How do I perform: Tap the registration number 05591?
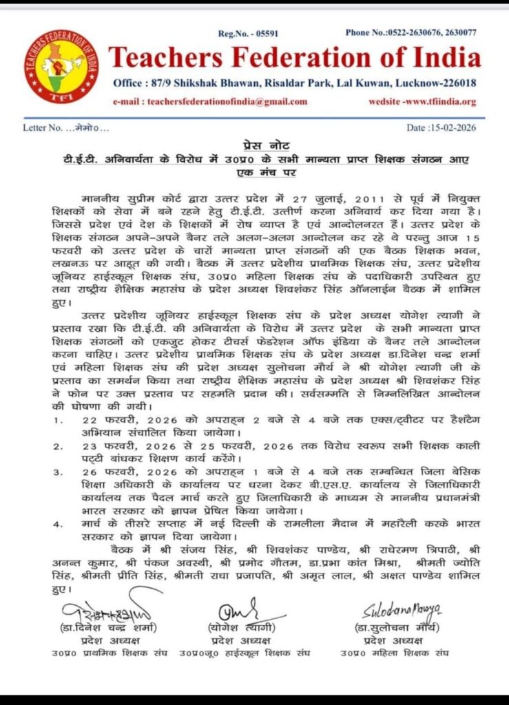point(258,32)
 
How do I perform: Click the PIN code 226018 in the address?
point(457,83)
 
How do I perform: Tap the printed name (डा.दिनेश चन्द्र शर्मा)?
point(107,629)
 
